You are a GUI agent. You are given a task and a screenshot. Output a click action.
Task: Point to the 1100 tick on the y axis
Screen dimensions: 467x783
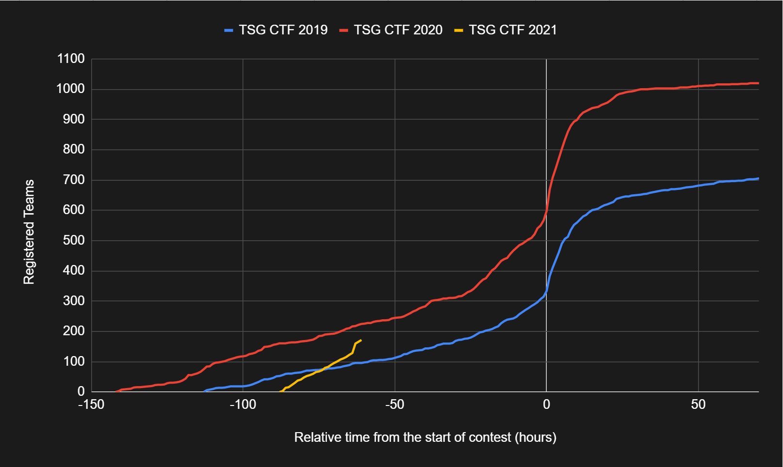click(71, 59)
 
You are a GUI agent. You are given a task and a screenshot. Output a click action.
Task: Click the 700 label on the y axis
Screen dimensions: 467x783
click(74, 180)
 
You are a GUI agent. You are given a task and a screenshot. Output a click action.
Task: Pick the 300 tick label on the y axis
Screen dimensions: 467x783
click(74, 301)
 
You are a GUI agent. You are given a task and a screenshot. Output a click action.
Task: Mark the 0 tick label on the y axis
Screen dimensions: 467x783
click(81, 391)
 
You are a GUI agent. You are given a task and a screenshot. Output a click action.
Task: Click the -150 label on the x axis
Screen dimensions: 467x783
click(91, 405)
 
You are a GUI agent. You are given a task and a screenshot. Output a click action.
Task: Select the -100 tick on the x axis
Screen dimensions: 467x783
click(243, 405)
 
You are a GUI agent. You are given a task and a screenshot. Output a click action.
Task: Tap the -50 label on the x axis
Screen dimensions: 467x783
click(394, 405)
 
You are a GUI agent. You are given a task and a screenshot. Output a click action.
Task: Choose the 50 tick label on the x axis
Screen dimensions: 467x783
click(698, 405)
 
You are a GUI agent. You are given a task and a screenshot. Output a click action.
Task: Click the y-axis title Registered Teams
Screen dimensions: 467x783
click(29, 232)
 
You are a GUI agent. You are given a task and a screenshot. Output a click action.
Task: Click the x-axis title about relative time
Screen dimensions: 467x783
click(425, 437)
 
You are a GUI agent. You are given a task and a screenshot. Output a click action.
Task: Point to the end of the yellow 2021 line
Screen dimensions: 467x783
click(360, 340)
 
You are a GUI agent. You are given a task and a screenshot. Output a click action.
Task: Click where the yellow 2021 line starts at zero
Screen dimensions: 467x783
click(281, 391)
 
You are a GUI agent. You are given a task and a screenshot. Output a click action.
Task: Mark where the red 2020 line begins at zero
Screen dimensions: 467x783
click(115, 391)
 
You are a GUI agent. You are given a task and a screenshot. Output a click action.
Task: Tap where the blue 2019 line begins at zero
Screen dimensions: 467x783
click(204, 391)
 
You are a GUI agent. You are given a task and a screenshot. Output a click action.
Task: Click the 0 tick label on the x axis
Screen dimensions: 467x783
click(546, 405)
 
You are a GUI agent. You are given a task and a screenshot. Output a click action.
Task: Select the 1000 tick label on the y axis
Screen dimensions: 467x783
click(71, 89)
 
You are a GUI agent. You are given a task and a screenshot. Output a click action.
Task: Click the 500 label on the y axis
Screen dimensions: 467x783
click(74, 241)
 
